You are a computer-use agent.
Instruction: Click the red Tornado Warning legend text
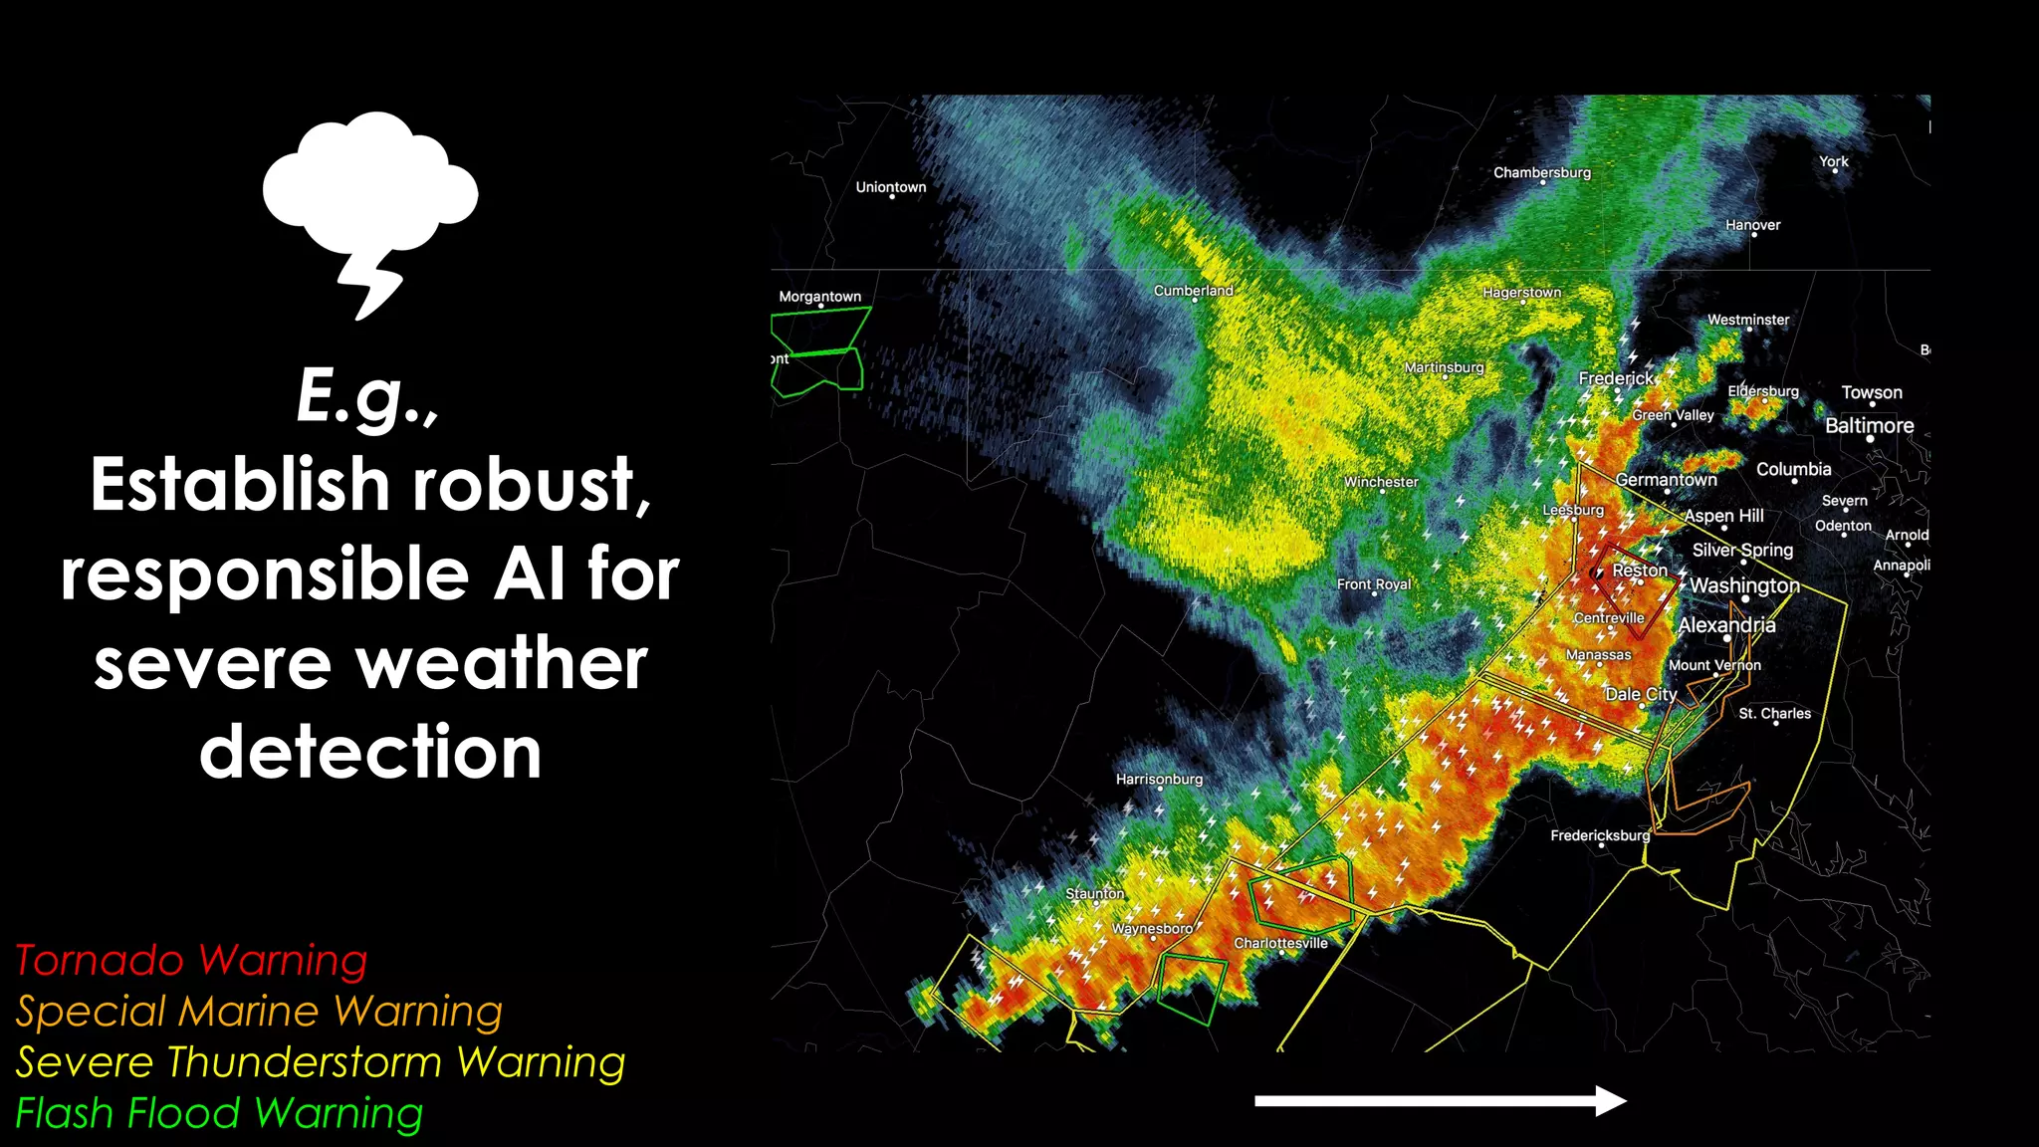pyautogui.click(x=191, y=961)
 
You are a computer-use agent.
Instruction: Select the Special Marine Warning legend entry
pyautogui.click(x=259, y=1012)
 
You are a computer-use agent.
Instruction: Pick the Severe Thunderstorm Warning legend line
pyautogui.click(x=321, y=1062)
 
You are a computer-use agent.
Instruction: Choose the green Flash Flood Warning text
pyautogui.click(x=219, y=1113)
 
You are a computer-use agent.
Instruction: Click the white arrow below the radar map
pyautogui.click(x=1440, y=1100)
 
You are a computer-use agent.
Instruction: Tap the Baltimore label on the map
pyautogui.click(x=1869, y=426)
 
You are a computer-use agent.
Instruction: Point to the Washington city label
pyautogui.click(x=1744, y=585)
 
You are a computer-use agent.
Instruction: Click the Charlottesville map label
pyautogui.click(x=1280, y=943)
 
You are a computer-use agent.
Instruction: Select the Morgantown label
pyautogui.click(x=819, y=297)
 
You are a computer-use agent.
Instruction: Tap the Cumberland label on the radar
pyautogui.click(x=1193, y=291)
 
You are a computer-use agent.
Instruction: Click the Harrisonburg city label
pyautogui.click(x=1159, y=779)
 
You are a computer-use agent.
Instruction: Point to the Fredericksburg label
pyautogui.click(x=1599, y=835)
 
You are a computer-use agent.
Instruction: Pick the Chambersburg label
pyautogui.click(x=1541, y=172)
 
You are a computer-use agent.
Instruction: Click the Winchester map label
pyautogui.click(x=1381, y=482)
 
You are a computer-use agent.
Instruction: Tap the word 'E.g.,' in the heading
pyautogui.click(x=367, y=396)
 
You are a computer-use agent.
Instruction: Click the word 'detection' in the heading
pyautogui.click(x=370, y=752)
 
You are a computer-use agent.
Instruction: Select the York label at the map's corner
pyautogui.click(x=1833, y=161)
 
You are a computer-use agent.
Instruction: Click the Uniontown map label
pyautogui.click(x=890, y=187)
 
